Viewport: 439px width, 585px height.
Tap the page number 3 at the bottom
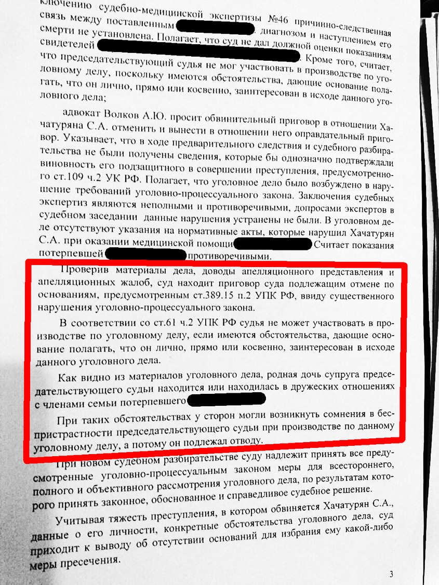[391, 574]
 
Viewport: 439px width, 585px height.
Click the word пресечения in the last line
[92, 562]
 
